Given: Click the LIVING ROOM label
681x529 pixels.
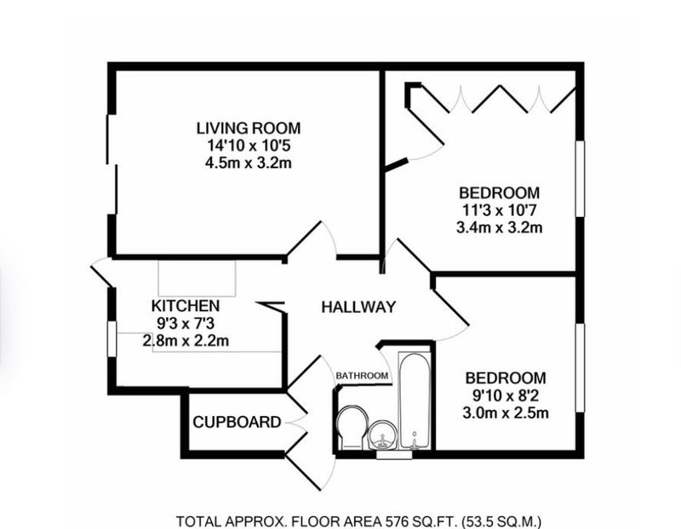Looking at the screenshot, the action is click(x=249, y=128).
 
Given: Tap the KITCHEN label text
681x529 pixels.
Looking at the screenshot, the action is click(x=186, y=306).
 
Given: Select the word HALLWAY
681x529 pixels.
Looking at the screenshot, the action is click(x=358, y=307).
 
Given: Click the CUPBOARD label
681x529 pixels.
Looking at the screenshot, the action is click(x=237, y=422).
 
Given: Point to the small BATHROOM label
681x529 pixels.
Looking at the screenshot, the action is click(x=363, y=376).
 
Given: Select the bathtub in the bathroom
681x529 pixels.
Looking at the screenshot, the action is click(x=415, y=401).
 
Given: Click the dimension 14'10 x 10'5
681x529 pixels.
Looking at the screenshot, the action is click(x=249, y=145).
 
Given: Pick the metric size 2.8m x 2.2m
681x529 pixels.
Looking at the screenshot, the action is click(x=186, y=341).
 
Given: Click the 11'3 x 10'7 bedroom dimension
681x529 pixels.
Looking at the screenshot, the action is click(x=500, y=210).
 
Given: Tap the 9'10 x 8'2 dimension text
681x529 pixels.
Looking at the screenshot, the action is click(x=506, y=395).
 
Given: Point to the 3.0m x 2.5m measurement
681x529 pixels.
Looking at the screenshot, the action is click(x=506, y=412).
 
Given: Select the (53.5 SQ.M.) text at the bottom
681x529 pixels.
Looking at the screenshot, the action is click(x=501, y=520).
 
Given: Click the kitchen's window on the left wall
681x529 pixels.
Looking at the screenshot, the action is click(x=112, y=339).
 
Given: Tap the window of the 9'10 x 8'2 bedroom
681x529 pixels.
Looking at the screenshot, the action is click(x=580, y=367).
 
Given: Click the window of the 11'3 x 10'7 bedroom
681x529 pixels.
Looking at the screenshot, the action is click(x=580, y=179).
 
